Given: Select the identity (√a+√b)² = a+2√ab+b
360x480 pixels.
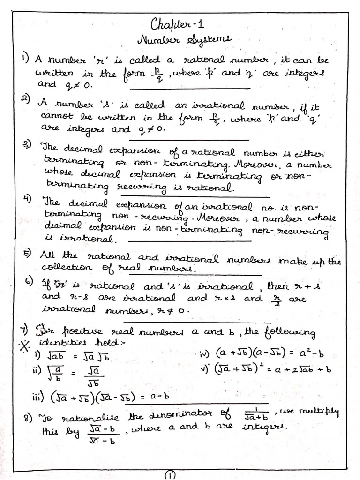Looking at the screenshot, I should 272,368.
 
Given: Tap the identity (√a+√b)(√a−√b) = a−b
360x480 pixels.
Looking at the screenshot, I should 110,396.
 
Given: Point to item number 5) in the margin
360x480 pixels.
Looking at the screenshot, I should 27,254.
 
